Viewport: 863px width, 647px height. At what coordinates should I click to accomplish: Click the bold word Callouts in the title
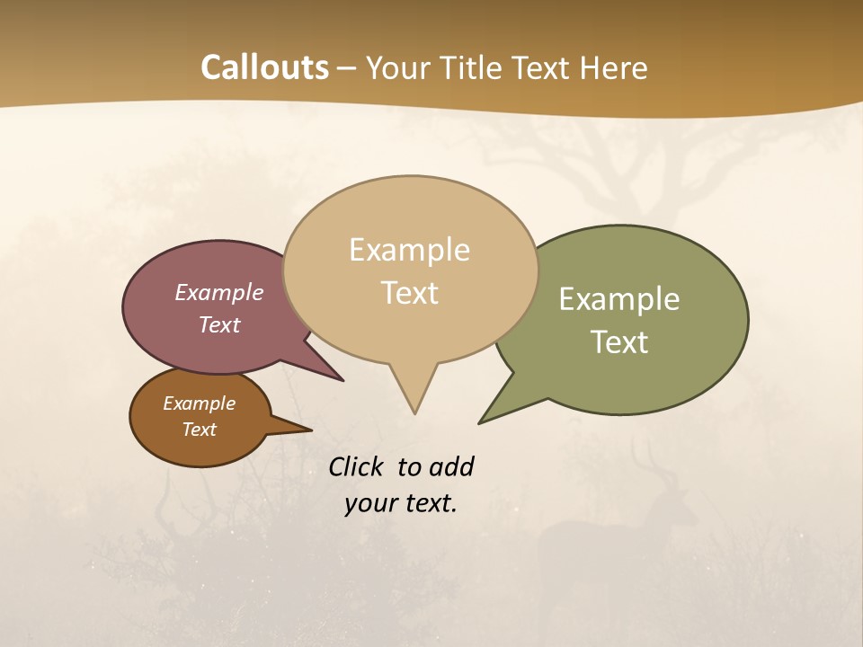[x=264, y=67]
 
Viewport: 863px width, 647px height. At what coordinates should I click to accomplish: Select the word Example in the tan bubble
[x=409, y=250]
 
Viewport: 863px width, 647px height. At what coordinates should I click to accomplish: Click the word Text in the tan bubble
[x=409, y=293]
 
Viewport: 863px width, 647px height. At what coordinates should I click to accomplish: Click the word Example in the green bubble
[x=619, y=299]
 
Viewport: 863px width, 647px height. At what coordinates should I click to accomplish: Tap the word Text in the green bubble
[x=619, y=342]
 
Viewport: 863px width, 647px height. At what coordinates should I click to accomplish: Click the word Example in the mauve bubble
[x=218, y=293]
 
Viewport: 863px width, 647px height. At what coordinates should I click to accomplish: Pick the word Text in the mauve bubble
[x=218, y=325]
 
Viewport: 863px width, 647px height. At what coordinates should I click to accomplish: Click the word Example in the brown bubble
[x=199, y=403]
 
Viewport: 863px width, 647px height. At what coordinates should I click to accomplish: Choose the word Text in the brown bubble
[x=199, y=430]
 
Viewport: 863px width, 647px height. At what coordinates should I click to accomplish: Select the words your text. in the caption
[x=400, y=504]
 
